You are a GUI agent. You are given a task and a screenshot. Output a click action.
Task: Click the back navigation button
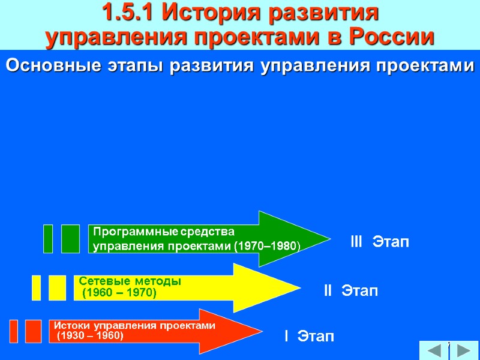click(432, 350)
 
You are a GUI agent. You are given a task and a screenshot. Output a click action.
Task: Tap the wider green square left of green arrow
click(70, 238)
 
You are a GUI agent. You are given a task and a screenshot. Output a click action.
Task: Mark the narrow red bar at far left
click(14, 331)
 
